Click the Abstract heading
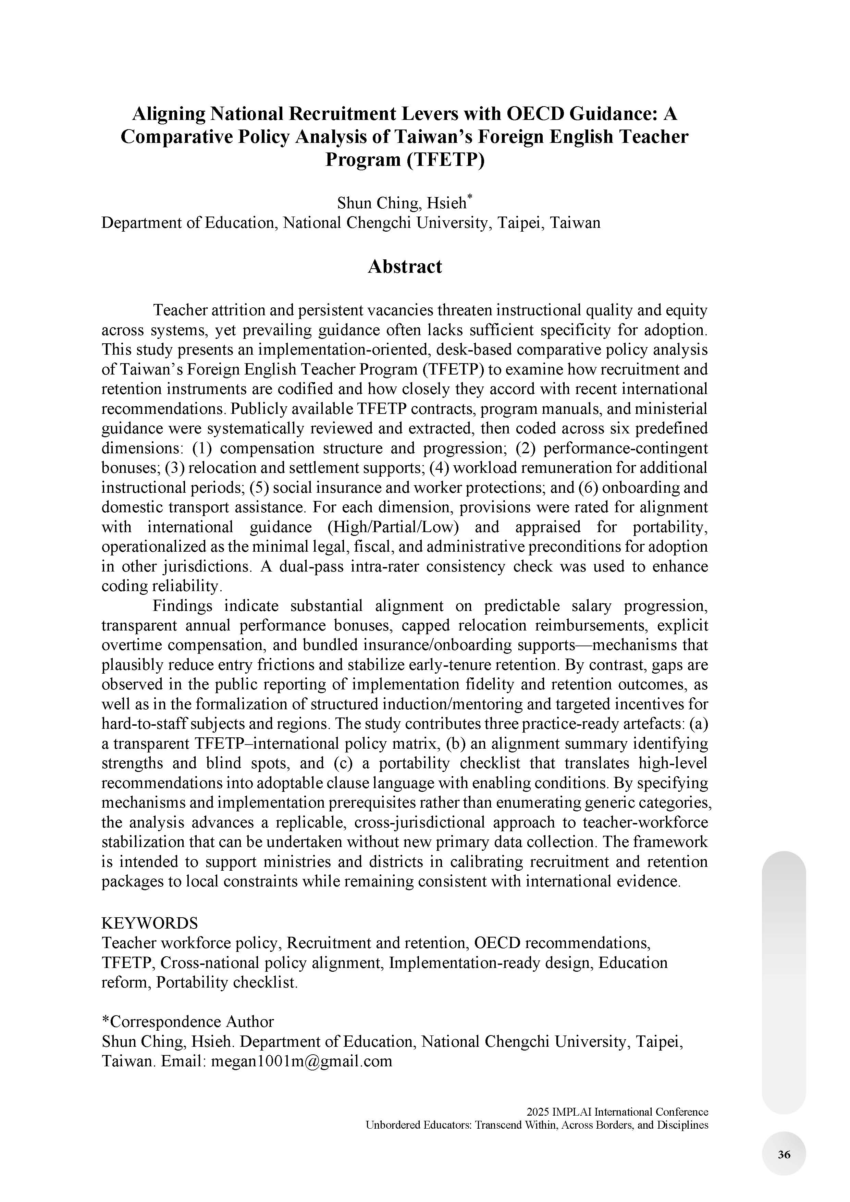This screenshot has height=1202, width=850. click(x=405, y=267)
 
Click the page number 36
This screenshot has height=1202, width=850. click(x=784, y=1154)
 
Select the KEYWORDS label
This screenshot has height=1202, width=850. click(x=150, y=922)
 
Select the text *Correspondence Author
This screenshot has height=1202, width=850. click(x=187, y=1021)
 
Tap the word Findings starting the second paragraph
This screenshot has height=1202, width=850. click(x=182, y=606)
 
